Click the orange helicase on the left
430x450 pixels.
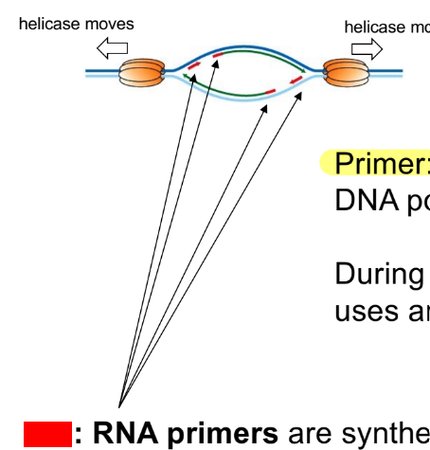(142, 72)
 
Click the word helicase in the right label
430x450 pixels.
(375, 27)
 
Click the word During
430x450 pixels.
(375, 276)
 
